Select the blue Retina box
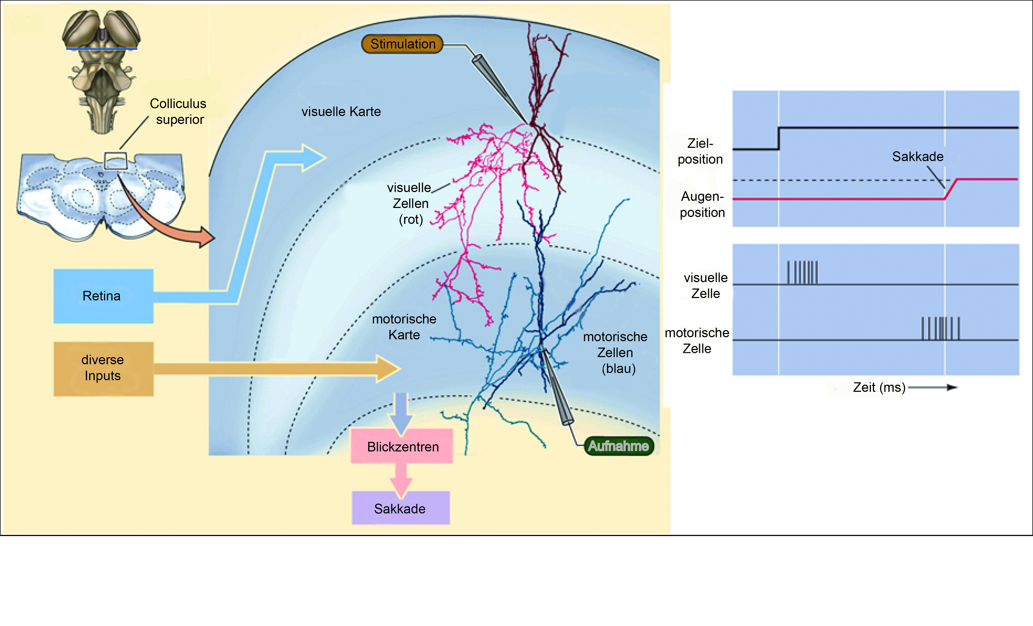[x=103, y=296]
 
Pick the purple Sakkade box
[x=400, y=508]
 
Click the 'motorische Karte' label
[x=404, y=327]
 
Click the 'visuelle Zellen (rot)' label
[x=410, y=203]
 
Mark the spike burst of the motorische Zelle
[x=940, y=328]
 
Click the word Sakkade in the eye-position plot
[x=918, y=156]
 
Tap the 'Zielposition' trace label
[x=701, y=151]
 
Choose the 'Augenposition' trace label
[x=702, y=205]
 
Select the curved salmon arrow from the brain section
[x=168, y=214]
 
